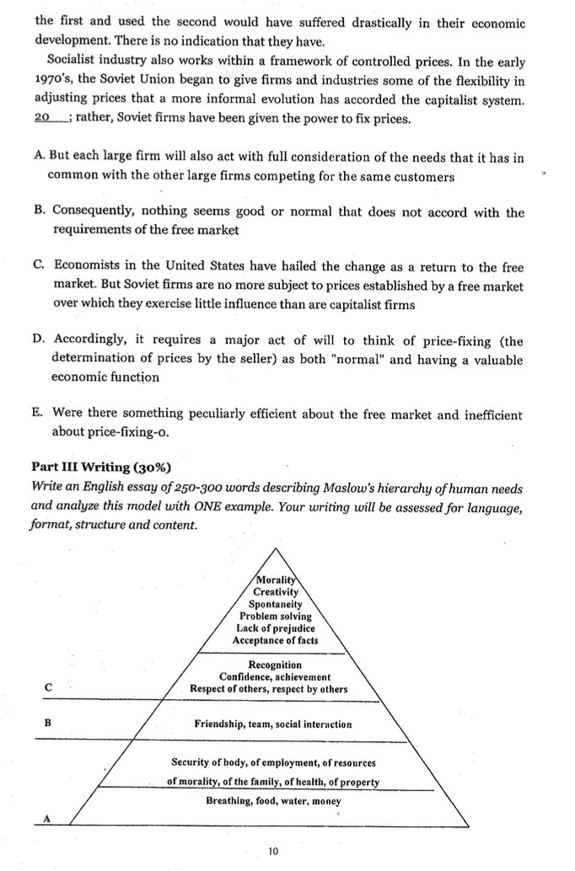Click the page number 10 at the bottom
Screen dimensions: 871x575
[x=271, y=852]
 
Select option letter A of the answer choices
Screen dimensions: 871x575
[x=38, y=159]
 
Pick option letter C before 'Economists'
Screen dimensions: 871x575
[x=39, y=267]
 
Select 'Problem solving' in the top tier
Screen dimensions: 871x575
[x=275, y=616]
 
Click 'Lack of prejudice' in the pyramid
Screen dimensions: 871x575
[x=275, y=628]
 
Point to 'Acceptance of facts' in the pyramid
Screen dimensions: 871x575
[x=275, y=640]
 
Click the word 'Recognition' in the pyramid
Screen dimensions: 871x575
[x=275, y=665]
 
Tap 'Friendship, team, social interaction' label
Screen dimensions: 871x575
[x=273, y=724]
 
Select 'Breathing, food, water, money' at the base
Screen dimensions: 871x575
[x=273, y=801]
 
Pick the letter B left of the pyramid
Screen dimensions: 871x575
[x=48, y=723]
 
